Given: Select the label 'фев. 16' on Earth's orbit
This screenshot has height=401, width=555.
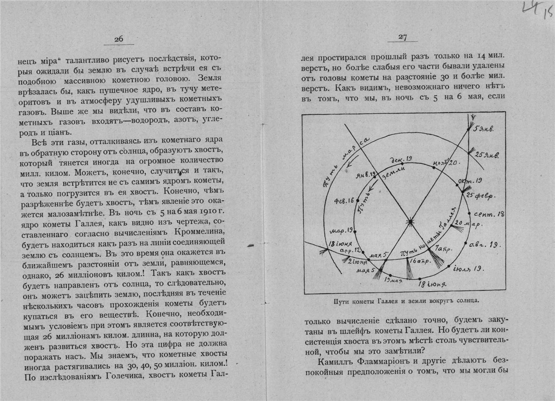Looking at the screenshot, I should [x=343, y=201].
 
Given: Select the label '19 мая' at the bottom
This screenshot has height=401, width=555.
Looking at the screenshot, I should [x=394, y=281].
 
